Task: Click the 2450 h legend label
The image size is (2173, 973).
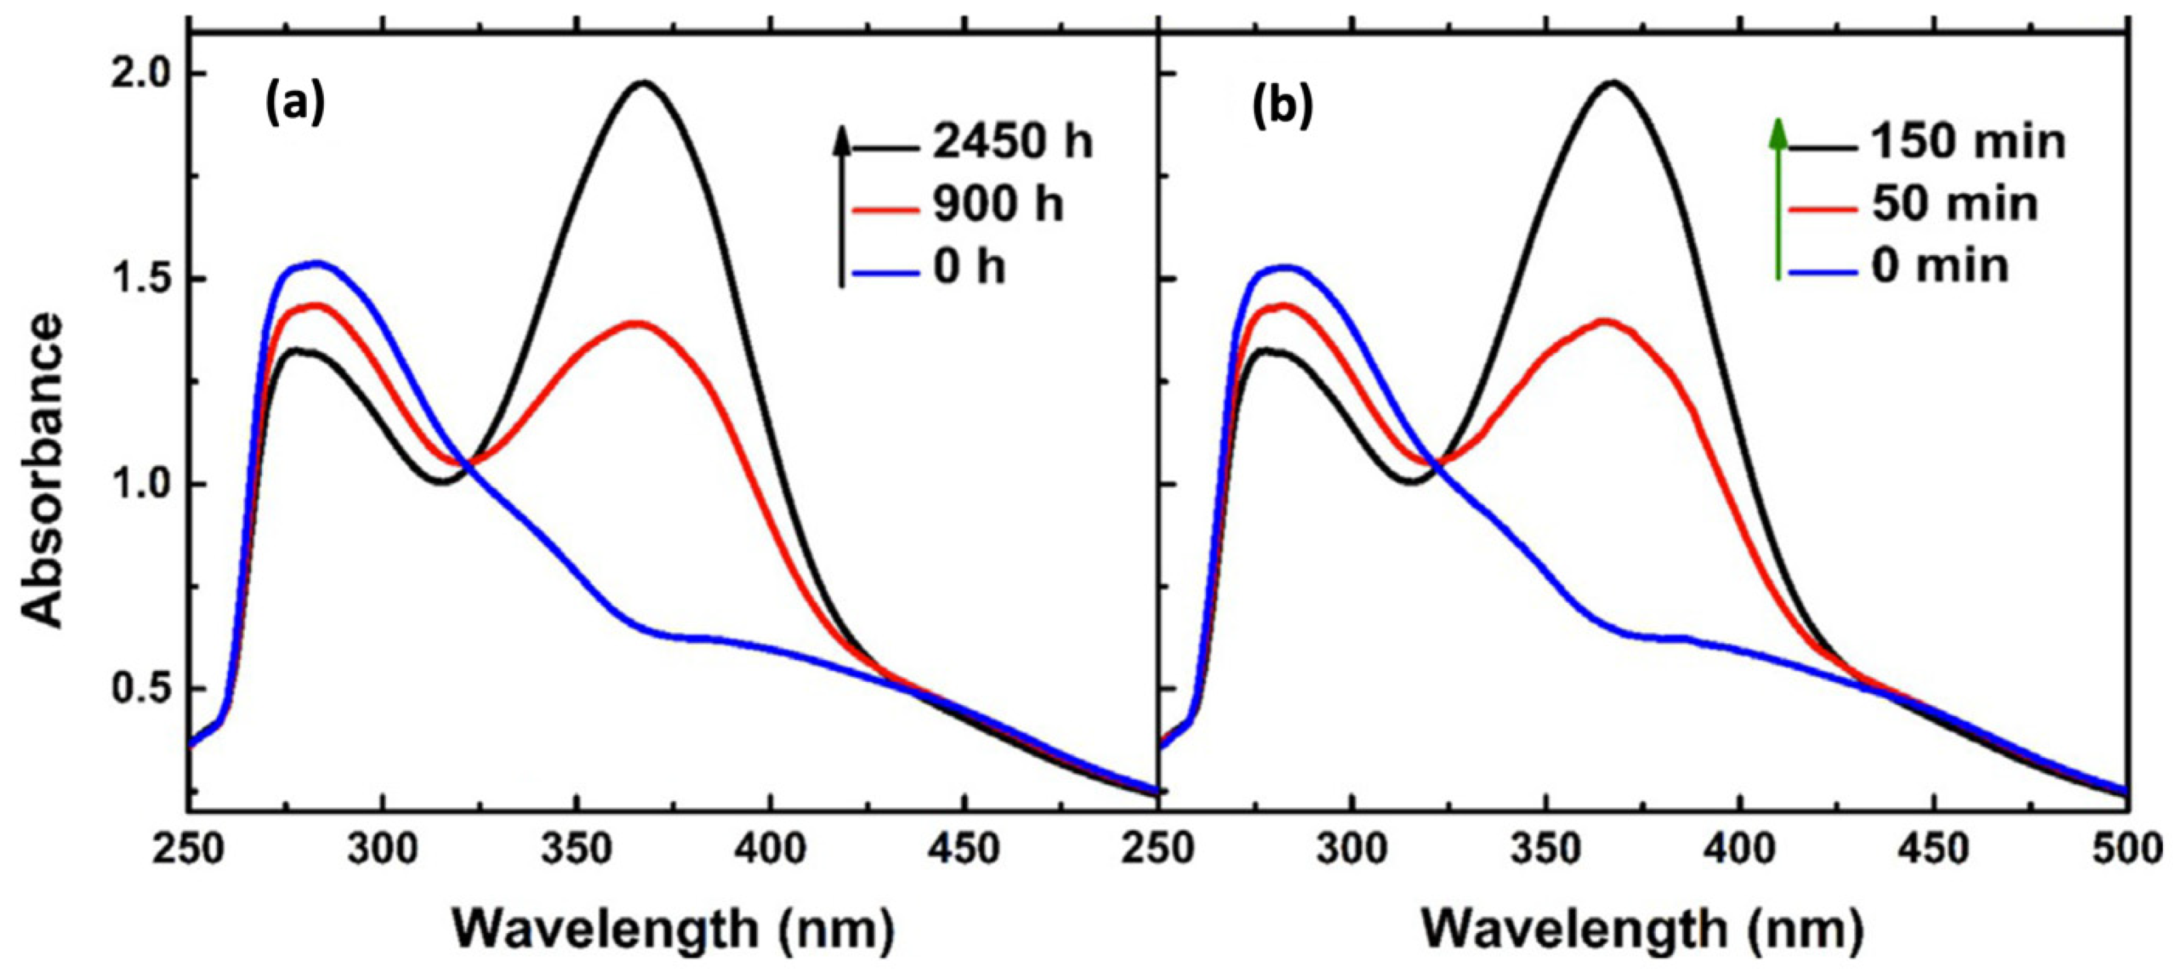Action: tap(1012, 142)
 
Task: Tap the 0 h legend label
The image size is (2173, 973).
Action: tap(969, 268)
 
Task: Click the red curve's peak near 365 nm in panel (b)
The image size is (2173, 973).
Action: tap(1603, 320)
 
